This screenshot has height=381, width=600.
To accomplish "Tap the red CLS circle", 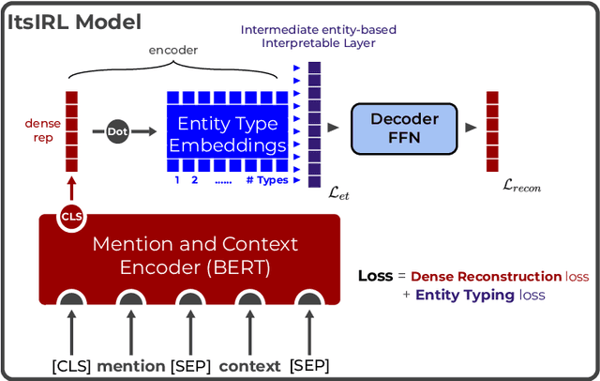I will coord(72,217).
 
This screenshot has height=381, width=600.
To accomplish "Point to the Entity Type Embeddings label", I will coord(229,135).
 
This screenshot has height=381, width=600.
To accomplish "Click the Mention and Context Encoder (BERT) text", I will coord(194,255).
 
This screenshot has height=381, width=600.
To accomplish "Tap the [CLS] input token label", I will coord(71,365).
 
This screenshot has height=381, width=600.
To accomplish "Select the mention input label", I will coord(130,365).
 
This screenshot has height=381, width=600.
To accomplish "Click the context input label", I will coord(248,365).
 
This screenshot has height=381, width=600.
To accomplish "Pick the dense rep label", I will coord(40,130).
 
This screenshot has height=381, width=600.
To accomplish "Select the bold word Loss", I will coord(375,277).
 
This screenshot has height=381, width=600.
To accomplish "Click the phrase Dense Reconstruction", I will coord(485,277).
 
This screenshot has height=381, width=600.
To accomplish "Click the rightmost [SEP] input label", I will coord(308,365).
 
